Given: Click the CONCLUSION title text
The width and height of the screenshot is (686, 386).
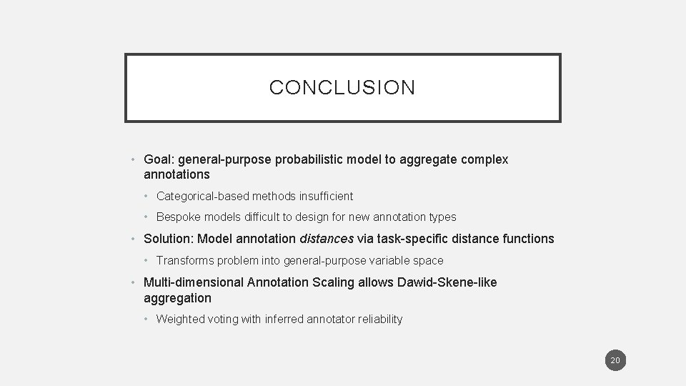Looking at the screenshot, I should (342, 88).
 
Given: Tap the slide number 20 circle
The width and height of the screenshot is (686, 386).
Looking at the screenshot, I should (615, 360).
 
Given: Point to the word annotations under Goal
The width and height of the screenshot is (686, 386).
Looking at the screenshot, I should (177, 174).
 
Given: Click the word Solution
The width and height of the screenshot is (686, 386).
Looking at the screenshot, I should (168, 239).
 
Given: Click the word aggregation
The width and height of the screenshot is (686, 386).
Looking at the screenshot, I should (177, 297).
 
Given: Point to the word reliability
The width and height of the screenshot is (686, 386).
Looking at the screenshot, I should (382, 320).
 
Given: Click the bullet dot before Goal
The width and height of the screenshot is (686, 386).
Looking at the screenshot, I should (134, 159).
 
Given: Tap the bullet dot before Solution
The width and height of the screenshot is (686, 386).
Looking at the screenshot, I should (134, 239).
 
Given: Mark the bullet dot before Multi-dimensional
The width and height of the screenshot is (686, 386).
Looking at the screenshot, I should (134, 282).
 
